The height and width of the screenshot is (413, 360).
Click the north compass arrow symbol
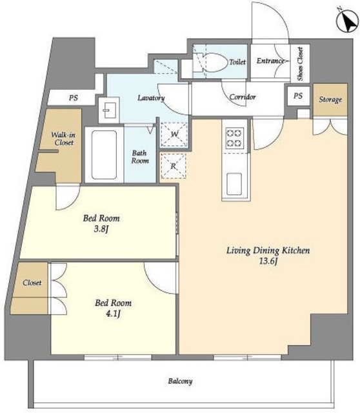pyautogui.click(x=348, y=21)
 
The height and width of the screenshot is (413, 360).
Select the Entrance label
pyautogui.click(x=270, y=61)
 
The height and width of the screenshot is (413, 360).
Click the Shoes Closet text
pyautogui.click(x=300, y=64)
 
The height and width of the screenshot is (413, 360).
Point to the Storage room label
pyautogui.click(x=330, y=99)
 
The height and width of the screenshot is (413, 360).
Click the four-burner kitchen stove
pyautogui.click(x=235, y=137)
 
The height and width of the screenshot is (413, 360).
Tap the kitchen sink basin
pyautogui.click(x=234, y=184)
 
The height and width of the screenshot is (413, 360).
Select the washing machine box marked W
pyautogui.click(x=174, y=134)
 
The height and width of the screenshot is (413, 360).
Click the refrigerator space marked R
pyautogui.click(x=173, y=166)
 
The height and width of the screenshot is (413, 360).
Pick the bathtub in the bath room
pyautogui.click(x=104, y=155)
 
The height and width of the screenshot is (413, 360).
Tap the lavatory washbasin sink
pyautogui.click(x=109, y=110)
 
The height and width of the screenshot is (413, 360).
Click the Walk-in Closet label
pyautogui.click(x=63, y=139)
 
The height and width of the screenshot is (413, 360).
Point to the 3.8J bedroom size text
pyautogui.click(x=101, y=229)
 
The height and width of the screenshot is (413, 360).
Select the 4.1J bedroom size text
pyautogui.click(x=113, y=314)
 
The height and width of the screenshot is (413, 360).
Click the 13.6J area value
pyautogui.click(x=268, y=261)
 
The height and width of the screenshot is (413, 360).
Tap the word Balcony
pyautogui.click(x=181, y=381)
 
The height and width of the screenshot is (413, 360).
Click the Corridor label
pyautogui.click(x=243, y=97)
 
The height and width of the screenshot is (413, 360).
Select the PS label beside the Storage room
pyautogui.click(x=298, y=96)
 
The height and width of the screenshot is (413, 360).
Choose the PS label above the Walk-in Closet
pyautogui.click(x=73, y=97)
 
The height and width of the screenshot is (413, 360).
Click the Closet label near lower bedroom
pyautogui.click(x=32, y=283)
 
